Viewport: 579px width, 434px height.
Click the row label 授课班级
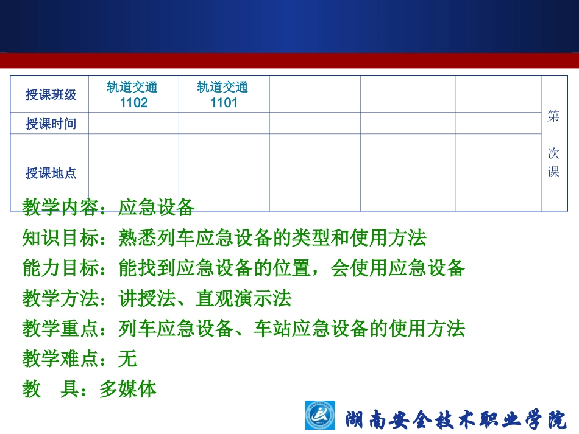[51, 95]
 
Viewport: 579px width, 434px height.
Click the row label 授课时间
[51, 124]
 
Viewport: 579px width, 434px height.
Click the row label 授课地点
[51, 173]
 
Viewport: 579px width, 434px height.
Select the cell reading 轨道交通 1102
[133, 94]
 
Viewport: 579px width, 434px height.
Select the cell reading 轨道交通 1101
[224, 94]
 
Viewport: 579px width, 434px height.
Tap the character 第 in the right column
[553, 116]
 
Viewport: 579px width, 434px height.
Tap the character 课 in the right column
[553, 172]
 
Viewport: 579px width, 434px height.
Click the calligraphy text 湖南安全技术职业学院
[456, 419]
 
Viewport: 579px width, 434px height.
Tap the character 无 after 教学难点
[127, 359]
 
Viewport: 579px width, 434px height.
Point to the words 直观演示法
[243, 298]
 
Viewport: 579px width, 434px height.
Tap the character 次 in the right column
[553, 153]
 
